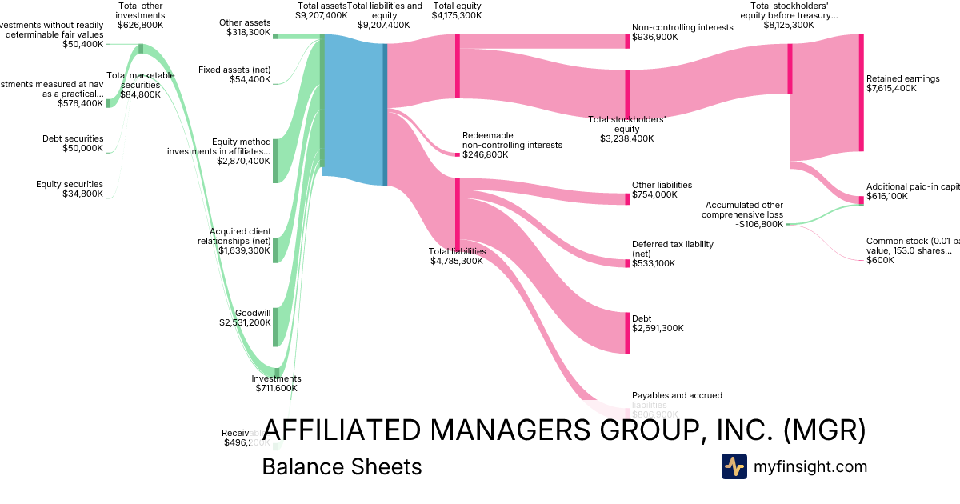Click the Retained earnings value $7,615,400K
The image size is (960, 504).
891,88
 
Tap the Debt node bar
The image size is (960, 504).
627,332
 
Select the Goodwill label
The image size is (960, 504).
253,313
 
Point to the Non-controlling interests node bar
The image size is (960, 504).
627,42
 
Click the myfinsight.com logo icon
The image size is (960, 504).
734,466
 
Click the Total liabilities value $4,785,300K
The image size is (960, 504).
457,261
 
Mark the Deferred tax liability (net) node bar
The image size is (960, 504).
627,263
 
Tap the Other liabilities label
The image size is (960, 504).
662,185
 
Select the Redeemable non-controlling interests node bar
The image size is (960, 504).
458,154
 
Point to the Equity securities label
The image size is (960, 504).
70,184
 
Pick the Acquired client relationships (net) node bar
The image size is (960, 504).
275,250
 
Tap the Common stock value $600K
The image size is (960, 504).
880,260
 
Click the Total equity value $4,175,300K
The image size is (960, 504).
457,15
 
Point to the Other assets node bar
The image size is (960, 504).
275,36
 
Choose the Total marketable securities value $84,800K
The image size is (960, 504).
141,94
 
